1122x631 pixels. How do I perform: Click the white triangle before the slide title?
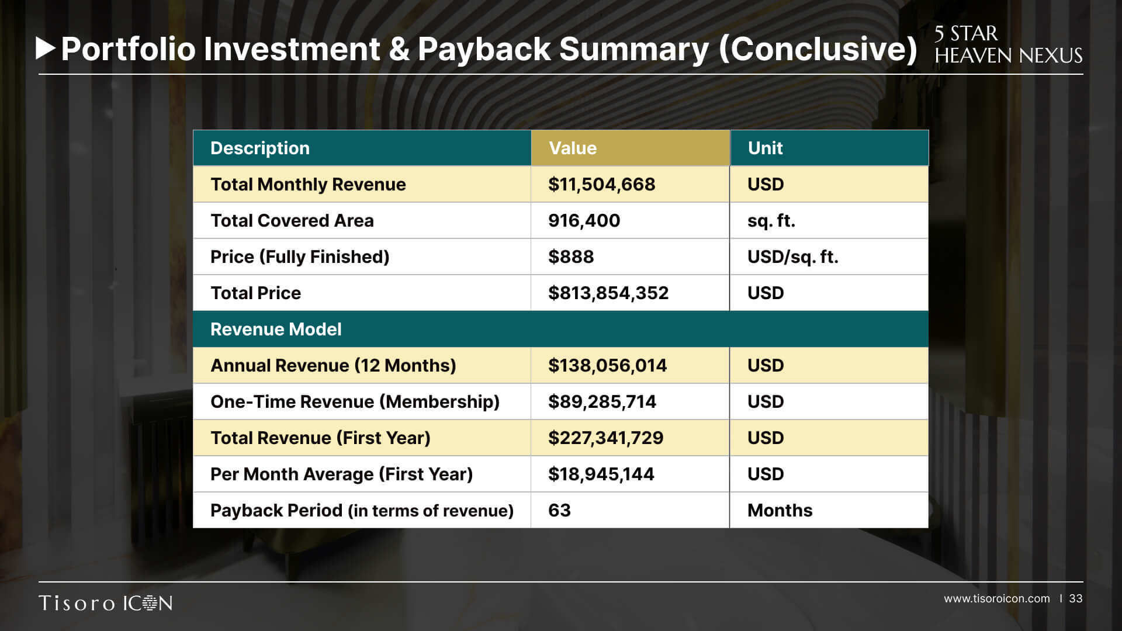coord(45,48)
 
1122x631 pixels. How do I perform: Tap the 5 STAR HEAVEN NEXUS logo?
coord(1008,44)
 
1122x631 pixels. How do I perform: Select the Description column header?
coord(260,148)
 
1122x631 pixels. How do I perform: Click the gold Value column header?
coord(573,148)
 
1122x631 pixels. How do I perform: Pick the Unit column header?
coord(765,148)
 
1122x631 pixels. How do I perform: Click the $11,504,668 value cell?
coord(601,185)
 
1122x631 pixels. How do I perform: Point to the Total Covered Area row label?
coord(292,221)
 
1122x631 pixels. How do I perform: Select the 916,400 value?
coord(584,221)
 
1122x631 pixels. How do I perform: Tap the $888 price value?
coord(571,257)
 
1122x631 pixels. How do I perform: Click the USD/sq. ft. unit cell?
coord(792,257)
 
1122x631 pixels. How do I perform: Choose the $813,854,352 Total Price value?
coord(608,293)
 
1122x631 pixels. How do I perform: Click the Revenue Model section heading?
coord(276,330)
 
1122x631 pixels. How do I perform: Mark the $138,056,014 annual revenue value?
coord(607,366)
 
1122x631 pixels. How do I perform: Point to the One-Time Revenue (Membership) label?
coord(355,402)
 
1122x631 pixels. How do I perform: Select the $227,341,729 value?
coord(605,438)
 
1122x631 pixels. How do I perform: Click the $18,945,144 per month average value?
coord(601,474)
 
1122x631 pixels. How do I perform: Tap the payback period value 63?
coord(559,511)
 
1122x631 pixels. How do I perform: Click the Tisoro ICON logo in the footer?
coord(106,603)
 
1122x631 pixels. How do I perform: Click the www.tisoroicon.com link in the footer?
coord(996,599)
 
